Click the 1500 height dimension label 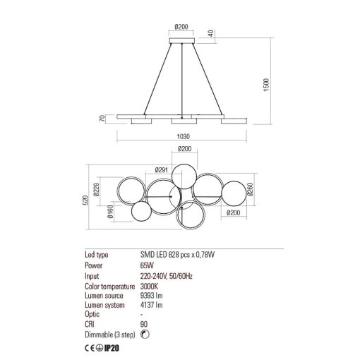pyautogui.click(x=266, y=85)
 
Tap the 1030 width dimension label pyautogui.click(x=183, y=136)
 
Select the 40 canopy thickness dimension pyautogui.click(x=211, y=33)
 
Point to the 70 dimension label pyautogui.click(x=102, y=119)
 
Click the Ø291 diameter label pyautogui.click(x=162, y=169)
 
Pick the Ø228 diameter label pyautogui.click(x=97, y=190)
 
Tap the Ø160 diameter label pyautogui.click(x=110, y=212)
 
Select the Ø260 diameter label pyautogui.click(x=250, y=190)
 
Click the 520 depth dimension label pyautogui.click(x=85, y=200)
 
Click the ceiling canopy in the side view pyautogui.click(x=182, y=40)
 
